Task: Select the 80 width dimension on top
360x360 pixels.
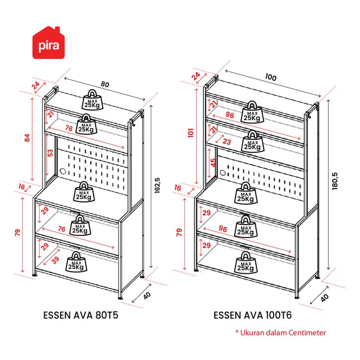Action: (x=105, y=84)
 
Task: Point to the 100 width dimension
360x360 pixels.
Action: (x=270, y=77)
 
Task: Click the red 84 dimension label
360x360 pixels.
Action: (x=28, y=138)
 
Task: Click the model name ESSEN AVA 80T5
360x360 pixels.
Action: (x=81, y=315)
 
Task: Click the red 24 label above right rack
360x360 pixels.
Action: (x=196, y=76)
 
